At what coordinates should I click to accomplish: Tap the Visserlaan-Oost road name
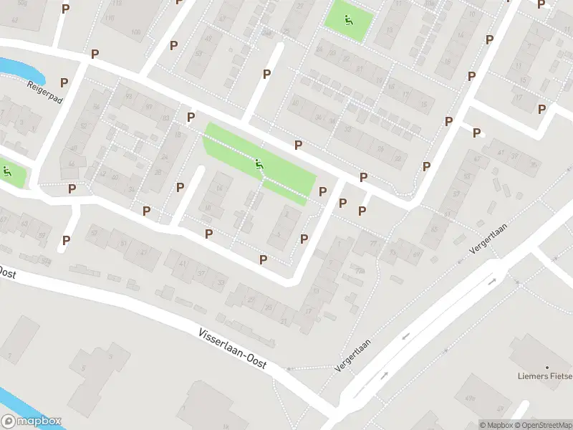coord(231,349)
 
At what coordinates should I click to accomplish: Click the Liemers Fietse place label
coord(545,376)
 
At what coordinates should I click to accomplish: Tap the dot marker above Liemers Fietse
coord(546,365)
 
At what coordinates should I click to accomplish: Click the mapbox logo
coord(31,421)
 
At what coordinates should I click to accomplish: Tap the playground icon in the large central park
coord(260,165)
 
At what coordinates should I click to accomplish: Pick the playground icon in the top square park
coord(349,20)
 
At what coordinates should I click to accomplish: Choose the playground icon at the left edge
coord(7,171)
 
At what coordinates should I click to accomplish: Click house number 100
coord(135,32)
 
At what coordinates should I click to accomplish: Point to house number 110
coord(110,16)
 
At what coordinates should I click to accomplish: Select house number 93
coord(129,96)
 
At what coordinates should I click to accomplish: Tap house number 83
coord(166,118)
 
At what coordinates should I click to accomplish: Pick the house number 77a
coord(359,272)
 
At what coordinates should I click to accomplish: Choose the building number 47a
coord(471,398)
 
